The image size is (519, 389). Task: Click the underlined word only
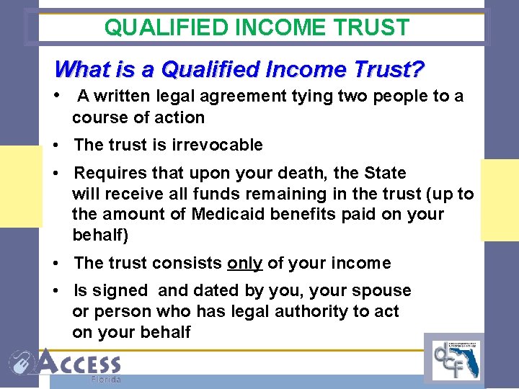(x=244, y=263)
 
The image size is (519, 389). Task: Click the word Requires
(x=108, y=174)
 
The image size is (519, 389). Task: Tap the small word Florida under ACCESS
(x=106, y=380)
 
